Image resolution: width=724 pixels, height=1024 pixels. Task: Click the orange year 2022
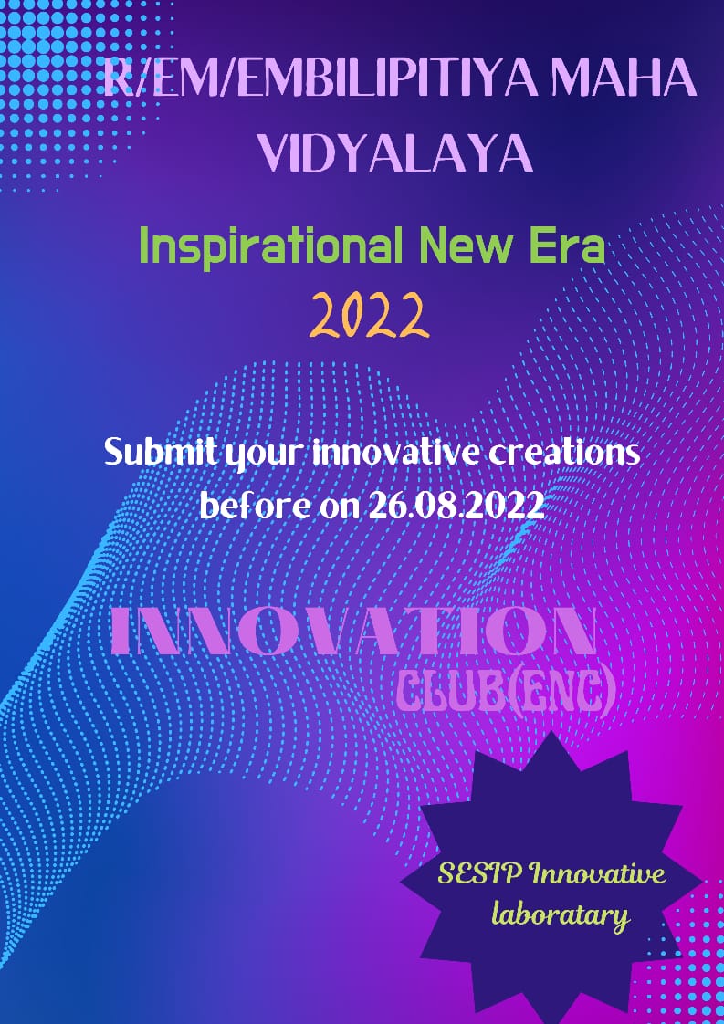coord(370,315)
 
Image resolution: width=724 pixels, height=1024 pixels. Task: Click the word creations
coord(565,453)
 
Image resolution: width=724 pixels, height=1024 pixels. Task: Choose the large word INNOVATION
coord(352,631)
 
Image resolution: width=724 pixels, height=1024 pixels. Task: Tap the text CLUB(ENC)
coord(507,693)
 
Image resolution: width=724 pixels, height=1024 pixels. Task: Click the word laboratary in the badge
coord(561,915)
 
